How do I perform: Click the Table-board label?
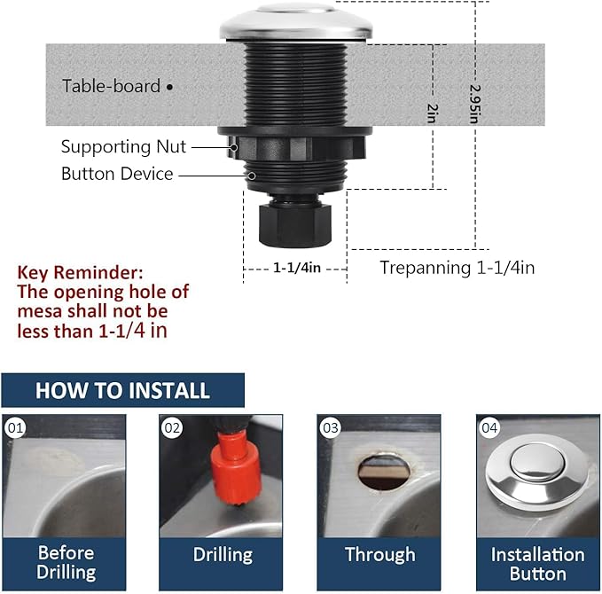[x=111, y=86]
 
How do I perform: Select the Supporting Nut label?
[x=123, y=147]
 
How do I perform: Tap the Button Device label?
[x=116, y=174]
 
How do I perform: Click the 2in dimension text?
[x=432, y=113]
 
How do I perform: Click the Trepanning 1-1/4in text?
[x=457, y=268]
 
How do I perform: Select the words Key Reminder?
[x=80, y=272]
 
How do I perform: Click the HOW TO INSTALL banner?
[x=122, y=390]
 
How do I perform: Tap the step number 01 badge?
[x=15, y=429]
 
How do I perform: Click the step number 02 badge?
[x=172, y=429]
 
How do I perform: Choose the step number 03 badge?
[x=331, y=429]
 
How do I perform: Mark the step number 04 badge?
[x=489, y=429]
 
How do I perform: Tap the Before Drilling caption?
[x=66, y=563]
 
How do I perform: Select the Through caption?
[x=379, y=555]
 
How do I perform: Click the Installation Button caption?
[x=537, y=563]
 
